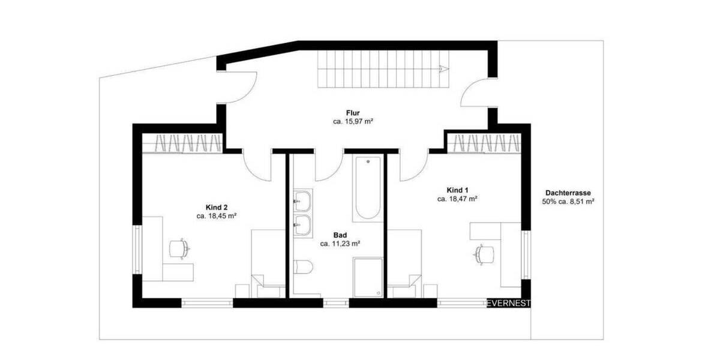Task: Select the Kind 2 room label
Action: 216,207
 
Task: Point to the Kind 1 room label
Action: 457,189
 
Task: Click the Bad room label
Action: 340,235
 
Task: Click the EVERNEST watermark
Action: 508,303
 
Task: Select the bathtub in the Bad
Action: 368,189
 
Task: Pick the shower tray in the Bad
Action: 368,277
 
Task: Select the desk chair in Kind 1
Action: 484,254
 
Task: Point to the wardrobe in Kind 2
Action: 183,143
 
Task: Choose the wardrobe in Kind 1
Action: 483,143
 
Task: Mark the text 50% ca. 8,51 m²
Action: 568,202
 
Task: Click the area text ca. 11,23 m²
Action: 340,244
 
